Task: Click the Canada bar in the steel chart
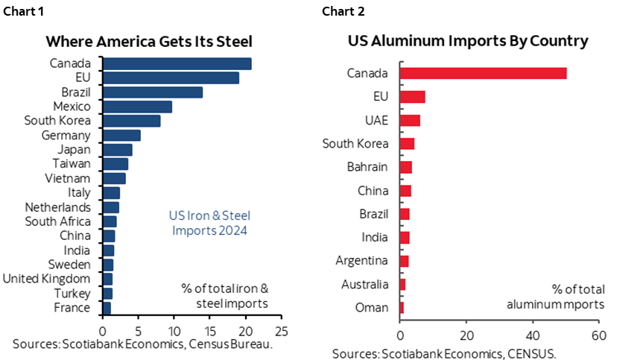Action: [177, 64]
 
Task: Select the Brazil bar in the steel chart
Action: [153, 92]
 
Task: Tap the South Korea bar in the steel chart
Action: [131, 121]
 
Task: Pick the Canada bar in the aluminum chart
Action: [483, 73]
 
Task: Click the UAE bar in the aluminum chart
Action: [410, 121]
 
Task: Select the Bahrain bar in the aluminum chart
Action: [405, 167]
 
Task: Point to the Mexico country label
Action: [69, 107]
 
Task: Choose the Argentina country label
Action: [361, 261]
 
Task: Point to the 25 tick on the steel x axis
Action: [281, 329]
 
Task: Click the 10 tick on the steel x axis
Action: [174, 329]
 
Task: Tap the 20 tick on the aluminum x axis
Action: [466, 335]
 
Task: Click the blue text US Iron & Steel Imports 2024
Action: [205, 224]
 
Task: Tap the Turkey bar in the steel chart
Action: [107, 293]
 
